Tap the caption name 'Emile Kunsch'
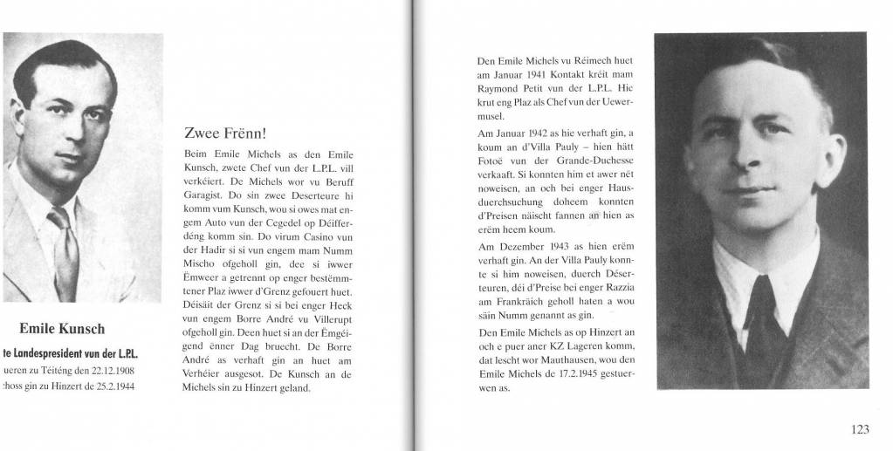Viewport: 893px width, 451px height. coord(62,329)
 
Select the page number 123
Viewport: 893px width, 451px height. coord(859,428)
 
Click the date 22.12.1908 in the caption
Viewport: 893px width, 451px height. coord(110,370)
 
